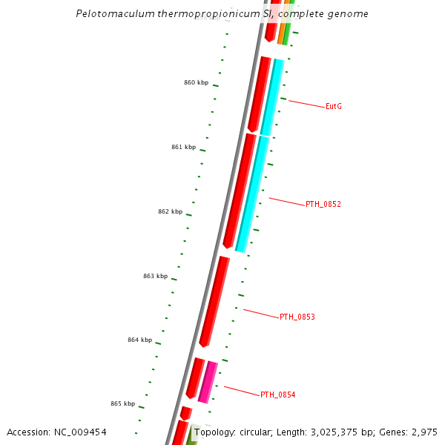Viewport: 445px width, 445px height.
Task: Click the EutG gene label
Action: point(333,107)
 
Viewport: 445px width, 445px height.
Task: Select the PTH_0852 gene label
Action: point(323,204)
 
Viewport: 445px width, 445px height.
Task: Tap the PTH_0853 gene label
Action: point(297,317)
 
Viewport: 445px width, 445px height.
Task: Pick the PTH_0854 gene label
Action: point(277,395)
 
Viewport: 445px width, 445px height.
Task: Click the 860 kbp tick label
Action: point(196,82)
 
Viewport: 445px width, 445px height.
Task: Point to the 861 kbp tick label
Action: point(183,147)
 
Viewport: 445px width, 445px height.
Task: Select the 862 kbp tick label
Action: point(170,211)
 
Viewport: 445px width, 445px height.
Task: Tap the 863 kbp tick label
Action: point(155,276)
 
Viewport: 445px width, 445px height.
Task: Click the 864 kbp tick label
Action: point(139,340)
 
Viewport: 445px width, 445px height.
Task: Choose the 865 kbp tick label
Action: point(122,403)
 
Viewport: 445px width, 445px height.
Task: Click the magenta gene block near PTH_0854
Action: point(208,382)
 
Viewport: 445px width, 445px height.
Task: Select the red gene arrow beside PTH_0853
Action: point(214,301)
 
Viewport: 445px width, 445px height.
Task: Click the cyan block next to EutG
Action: point(272,96)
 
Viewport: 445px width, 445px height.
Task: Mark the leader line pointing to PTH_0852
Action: point(286,201)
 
